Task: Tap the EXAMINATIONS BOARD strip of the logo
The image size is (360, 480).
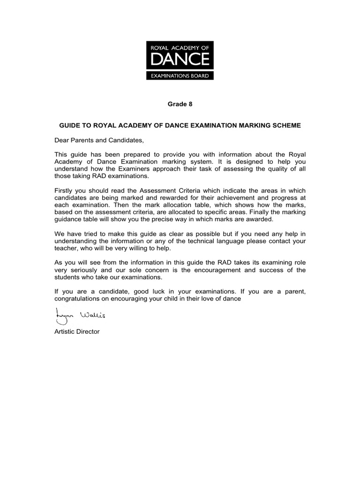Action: click(x=180, y=75)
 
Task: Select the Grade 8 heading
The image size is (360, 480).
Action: click(x=180, y=104)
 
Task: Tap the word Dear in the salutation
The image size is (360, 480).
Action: click(x=62, y=140)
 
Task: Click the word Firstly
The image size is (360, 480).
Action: click(x=65, y=190)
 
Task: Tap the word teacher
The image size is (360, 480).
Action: click(x=66, y=248)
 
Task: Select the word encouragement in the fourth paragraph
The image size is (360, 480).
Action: click(x=222, y=270)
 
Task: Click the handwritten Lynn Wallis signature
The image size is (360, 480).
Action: click(x=80, y=315)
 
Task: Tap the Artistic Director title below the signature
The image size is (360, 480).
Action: click(x=77, y=331)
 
